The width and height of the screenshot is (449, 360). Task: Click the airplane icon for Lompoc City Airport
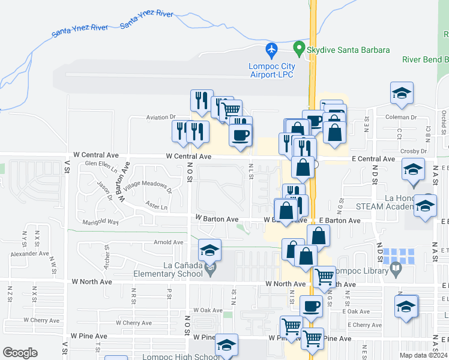[x=272, y=48]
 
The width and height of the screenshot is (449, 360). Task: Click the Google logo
[x=20, y=353]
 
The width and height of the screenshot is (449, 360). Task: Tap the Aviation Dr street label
[x=160, y=118]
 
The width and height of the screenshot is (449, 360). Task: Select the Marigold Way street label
[x=100, y=222]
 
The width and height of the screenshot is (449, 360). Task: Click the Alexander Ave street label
[x=29, y=254]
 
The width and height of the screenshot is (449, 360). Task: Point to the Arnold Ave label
[x=168, y=242]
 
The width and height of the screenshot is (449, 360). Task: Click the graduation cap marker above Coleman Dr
[x=402, y=93]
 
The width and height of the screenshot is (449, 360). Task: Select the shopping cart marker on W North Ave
[x=324, y=277]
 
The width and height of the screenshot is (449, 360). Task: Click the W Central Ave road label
[x=188, y=157]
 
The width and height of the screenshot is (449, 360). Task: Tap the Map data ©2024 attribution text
[x=423, y=355]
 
